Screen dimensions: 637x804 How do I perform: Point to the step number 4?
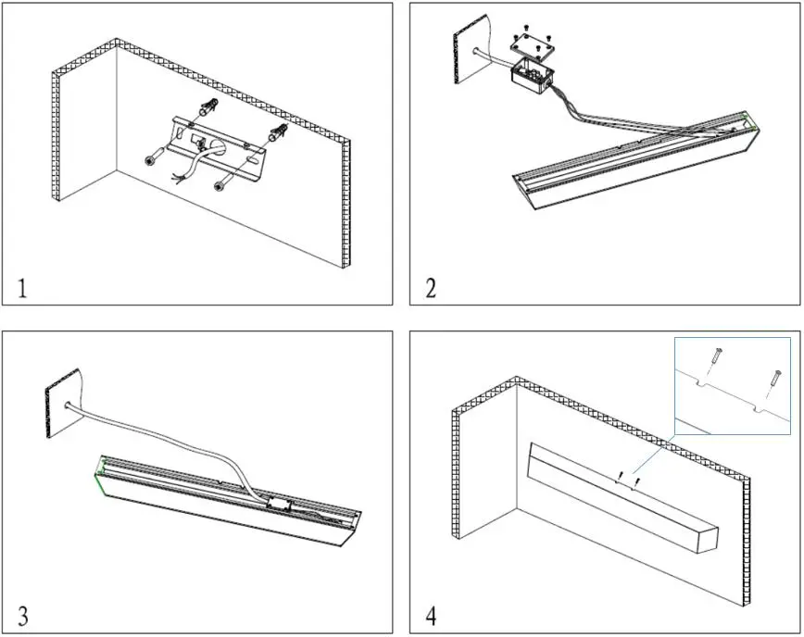coord(430,615)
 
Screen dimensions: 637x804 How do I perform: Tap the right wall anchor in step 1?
coord(278,135)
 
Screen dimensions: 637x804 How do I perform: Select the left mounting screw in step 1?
coord(151,159)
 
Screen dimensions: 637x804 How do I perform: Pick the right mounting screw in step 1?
coord(220,188)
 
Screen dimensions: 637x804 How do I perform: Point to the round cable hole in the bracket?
coord(220,145)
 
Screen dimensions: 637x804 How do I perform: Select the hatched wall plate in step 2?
coord(464,56)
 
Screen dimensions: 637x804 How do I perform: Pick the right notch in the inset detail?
coord(763,408)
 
